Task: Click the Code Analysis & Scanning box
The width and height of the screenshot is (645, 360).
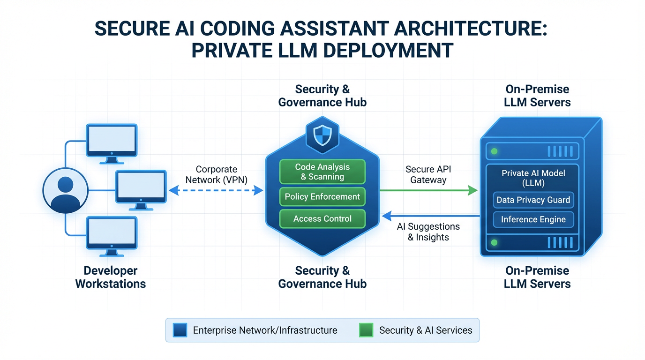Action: [322, 172]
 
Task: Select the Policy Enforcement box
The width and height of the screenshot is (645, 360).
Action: [322, 197]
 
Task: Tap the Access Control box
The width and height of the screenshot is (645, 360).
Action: [322, 219]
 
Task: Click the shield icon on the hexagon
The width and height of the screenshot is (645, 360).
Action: [322, 135]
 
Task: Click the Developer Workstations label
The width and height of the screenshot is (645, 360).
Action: [111, 277]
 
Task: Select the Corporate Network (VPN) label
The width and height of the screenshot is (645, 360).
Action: [216, 174]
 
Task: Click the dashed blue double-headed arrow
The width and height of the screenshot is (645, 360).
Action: [216, 190]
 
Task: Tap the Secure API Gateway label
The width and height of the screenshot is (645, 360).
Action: [428, 174]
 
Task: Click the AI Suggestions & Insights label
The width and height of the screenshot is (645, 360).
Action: [428, 232]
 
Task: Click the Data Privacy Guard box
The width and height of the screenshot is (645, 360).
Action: [533, 200]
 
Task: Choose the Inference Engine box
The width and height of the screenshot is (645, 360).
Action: [533, 219]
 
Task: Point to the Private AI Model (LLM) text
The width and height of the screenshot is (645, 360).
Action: [533, 178]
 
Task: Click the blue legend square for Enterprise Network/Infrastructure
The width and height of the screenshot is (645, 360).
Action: [180, 330]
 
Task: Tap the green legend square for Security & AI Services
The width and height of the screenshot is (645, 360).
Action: [366, 330]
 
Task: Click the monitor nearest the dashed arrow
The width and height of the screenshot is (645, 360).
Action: [141, 187]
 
